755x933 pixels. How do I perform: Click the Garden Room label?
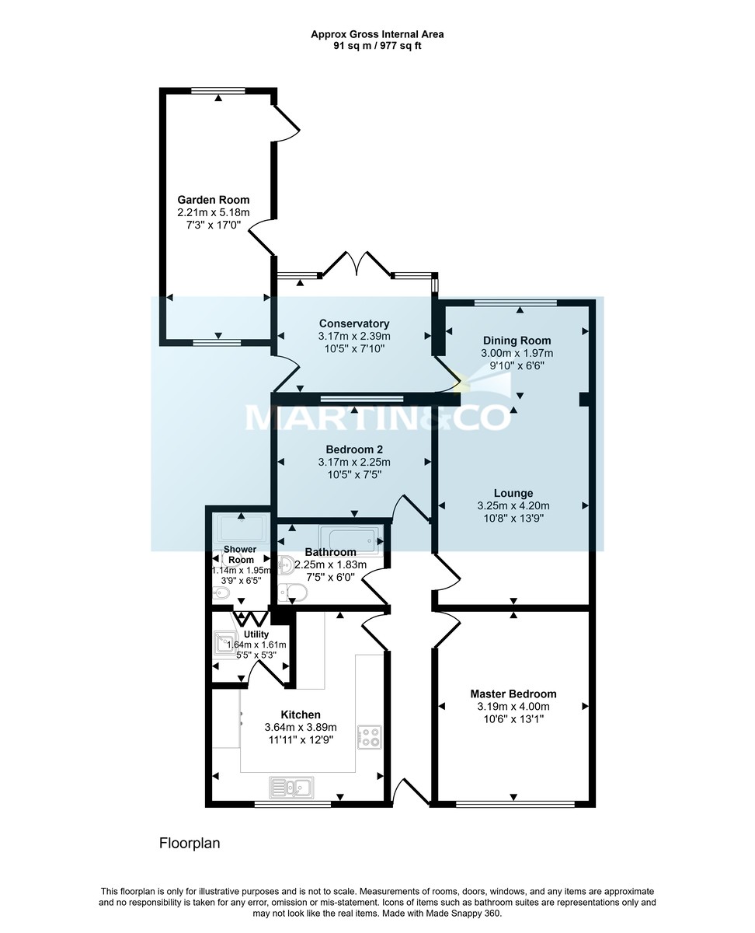click(214, 200)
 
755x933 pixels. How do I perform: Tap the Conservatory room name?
click(353, 323)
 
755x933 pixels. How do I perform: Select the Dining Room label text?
click(517, 341)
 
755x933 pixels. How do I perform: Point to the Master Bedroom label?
click(513, 694)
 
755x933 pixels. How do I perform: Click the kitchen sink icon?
click(291, 788)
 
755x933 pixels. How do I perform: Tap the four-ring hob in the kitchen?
click(369, 736)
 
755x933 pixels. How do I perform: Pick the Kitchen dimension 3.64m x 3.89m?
click(301, 728)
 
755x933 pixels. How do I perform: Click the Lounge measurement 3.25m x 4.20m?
click(513, 505)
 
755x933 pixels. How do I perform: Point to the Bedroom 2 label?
click(353, 449)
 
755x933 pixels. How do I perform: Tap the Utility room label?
click(256, 634)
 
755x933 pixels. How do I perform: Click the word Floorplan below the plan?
click(190, 843)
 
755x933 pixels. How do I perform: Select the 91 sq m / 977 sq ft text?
click(377, 46)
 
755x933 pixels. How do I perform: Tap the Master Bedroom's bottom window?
click(514, 804)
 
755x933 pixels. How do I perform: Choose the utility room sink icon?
click(223, 644)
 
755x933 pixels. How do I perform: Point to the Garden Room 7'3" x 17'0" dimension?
click(214, 225)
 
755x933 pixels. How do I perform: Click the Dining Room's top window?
click(516, 302)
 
